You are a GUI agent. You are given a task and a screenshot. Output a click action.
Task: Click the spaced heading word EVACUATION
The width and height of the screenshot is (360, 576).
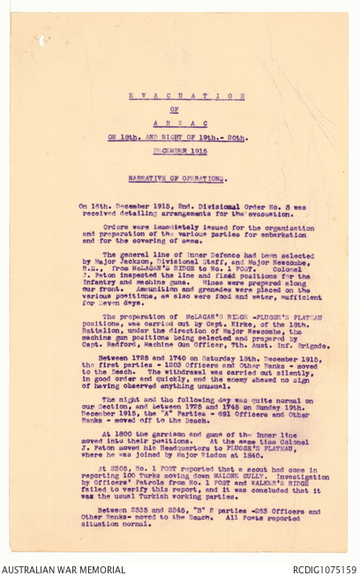click(x=186, y=95)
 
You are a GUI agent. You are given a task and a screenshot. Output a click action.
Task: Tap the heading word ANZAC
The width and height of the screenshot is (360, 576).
click(x=186, y=123)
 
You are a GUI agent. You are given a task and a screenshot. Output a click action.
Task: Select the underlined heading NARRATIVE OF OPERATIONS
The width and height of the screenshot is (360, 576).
click(x=186, y=177)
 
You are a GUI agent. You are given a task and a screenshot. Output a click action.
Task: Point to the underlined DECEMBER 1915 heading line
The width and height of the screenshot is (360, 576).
click(x=186, y=151)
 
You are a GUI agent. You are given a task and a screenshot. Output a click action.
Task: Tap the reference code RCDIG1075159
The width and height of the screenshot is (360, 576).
click(x=324, y=569)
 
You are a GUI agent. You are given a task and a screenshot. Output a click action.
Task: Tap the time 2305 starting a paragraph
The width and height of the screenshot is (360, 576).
click(x=109, y=468)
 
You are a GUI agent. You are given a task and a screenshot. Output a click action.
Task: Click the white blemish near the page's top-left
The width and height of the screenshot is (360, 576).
click(x=41, y=40)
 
